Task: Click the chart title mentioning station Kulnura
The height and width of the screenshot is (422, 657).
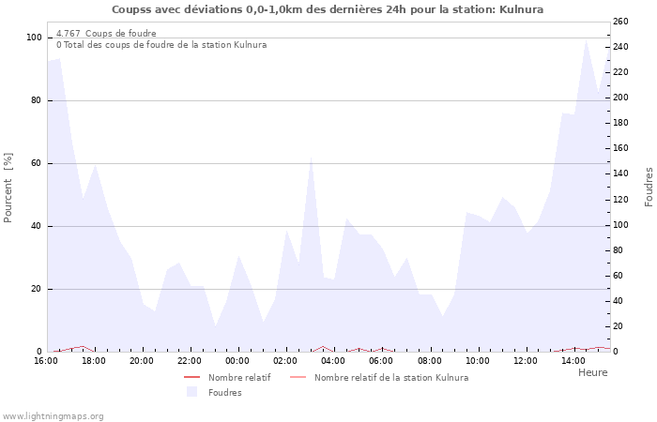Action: [x=328, y=9]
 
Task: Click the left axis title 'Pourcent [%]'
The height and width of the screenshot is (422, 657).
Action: [x=8, y=188]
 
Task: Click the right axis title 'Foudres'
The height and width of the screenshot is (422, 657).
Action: [x=649, y=187]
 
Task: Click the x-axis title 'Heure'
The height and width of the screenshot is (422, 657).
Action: [x=592, y=372]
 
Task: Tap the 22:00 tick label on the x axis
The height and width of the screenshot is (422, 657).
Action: [x=190, y=361]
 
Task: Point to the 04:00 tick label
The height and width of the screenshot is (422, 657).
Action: [x=333, y=361]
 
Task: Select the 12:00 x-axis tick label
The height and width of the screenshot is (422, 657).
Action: [x=526, y=361]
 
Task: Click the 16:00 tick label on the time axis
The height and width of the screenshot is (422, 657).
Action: [x=46, y=361]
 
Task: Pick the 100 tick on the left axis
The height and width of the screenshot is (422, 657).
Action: [x=34, y=38]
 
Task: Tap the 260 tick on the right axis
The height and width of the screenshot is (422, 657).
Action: [x=620, y=21]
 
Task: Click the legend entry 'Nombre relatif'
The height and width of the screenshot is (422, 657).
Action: [x=239, y=377]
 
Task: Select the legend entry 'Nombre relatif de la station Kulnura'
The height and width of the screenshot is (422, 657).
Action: [x=390, y=377]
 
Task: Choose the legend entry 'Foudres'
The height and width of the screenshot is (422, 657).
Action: [x=224, y=392]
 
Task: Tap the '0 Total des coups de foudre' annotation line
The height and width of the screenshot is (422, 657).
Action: [x=160, y=44]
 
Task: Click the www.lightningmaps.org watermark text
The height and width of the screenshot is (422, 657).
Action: [x=53, y=415]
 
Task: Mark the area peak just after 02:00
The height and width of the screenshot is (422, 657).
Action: [x=311, y=157]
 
